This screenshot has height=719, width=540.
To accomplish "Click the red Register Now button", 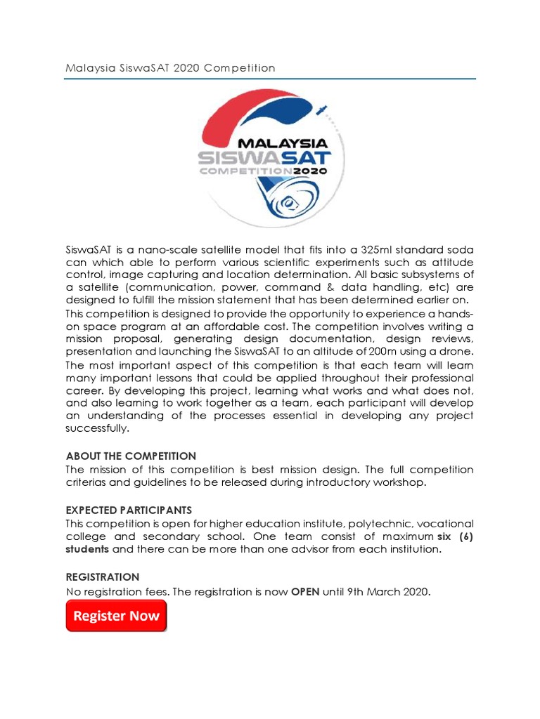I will [x=117, y=616].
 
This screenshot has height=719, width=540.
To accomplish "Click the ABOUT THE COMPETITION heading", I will [x=131, y=456].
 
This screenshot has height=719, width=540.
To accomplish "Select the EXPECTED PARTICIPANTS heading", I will [x=129, y=510].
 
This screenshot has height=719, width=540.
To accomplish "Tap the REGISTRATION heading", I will [x=103, y=576].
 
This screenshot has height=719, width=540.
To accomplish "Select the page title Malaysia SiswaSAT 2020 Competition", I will [x=170, y=68].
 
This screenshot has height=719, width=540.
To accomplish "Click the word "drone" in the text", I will [x=456, y=351].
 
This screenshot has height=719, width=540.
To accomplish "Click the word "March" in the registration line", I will [x=379, y=592].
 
